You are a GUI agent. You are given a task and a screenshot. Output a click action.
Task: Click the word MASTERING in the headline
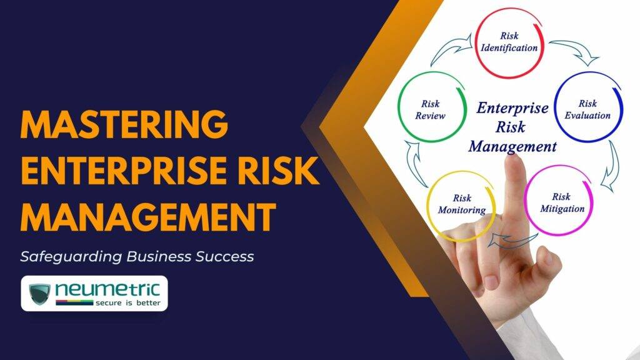(124, 125)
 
